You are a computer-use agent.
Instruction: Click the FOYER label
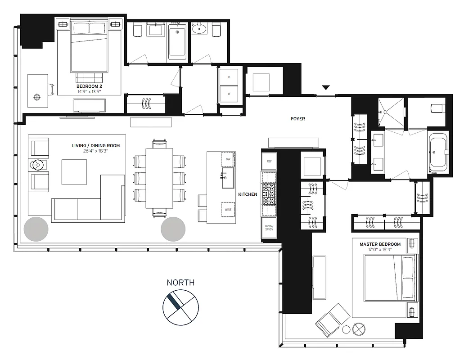[x=297, y=119]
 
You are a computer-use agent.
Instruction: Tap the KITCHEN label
[x=248, y=194]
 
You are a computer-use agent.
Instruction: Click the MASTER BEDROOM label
[x=380, y=244]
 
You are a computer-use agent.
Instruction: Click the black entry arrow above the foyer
[x=326, y=87]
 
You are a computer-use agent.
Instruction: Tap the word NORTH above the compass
[x=180, y=283]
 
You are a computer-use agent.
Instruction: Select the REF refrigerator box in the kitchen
[x=269, y=161]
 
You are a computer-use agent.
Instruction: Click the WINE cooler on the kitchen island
[x=227, y=209]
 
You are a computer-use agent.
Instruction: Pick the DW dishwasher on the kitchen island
[x=227, y=159]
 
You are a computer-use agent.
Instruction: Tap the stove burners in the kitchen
[x=269, y=193]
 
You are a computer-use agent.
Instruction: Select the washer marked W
[x=229, y=94]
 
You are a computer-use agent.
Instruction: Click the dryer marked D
[x=229, y=77]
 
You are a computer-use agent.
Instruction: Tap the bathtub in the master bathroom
[x=438, y=153]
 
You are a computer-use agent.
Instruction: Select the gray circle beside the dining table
[x=173, y=229]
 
